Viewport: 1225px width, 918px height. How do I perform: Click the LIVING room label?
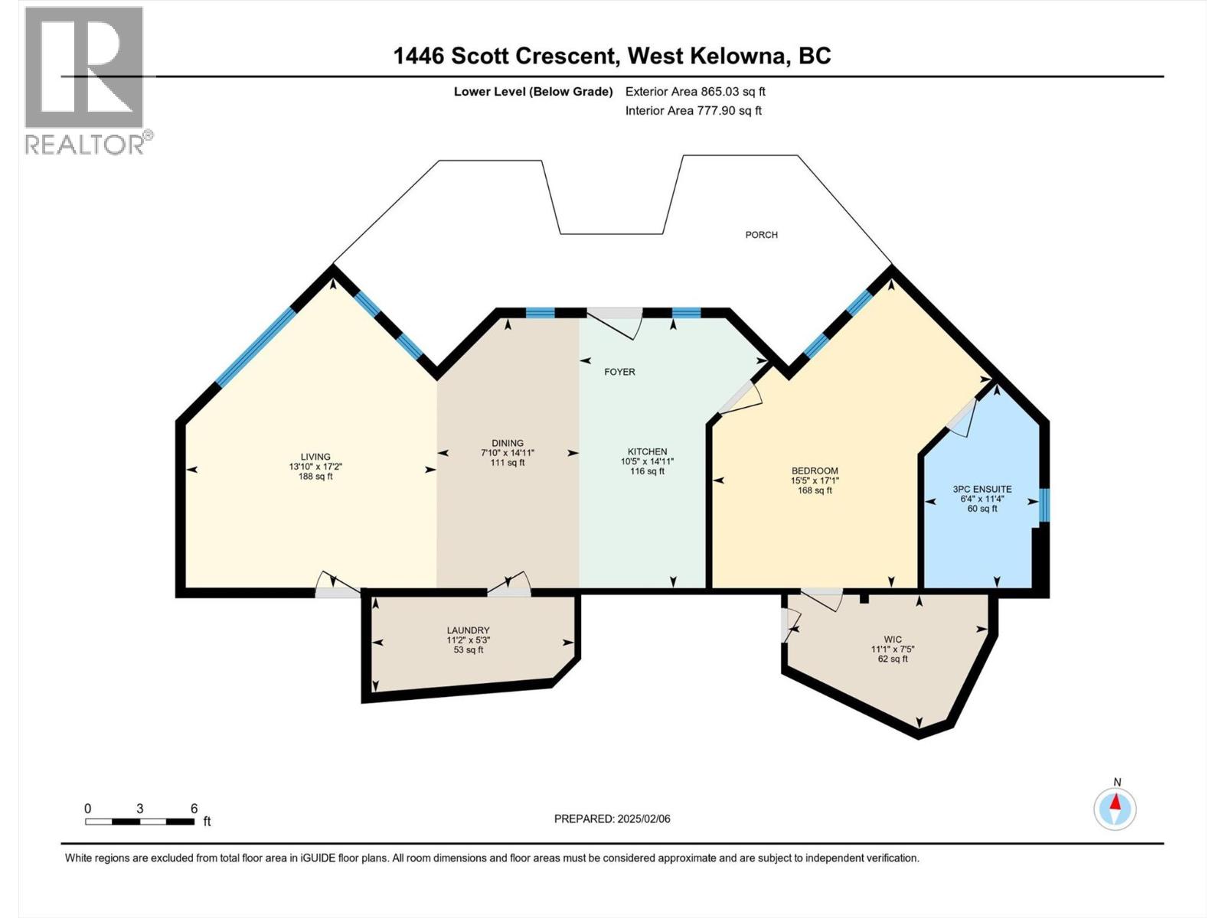click(x=315, y=457)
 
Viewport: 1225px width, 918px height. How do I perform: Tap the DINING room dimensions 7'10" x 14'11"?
click(x=508, y=453)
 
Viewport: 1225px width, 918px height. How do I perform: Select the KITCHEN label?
click(x=647, y=451)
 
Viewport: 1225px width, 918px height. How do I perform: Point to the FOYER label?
click(x=619, y=372)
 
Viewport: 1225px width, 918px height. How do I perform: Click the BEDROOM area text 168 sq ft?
click(x=815, y=490)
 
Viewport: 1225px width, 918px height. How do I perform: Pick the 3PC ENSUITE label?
click(x=982, y=489)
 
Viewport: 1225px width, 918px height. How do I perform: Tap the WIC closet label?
click(x=892, y=639)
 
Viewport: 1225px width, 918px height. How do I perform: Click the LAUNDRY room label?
click(x=468, y=630)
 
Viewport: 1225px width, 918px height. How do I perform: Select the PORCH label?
click(x=761, y=235)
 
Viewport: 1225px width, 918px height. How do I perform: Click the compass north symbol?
click(x=1116, y=808)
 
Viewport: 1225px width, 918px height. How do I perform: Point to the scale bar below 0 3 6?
click(x=139, y=822)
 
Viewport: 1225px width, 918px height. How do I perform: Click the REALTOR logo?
click(x=84, y=80)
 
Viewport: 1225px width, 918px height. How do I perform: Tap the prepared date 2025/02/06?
click(x=642, y=819)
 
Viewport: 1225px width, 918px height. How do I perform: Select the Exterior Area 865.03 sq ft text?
click(x=695, y=92)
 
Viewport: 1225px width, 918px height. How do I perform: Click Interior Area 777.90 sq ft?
click(x=693, y=110)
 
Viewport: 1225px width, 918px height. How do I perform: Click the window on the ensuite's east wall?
click(x=1044, y=506)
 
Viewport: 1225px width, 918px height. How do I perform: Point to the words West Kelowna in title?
click(x=707, y=56)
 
